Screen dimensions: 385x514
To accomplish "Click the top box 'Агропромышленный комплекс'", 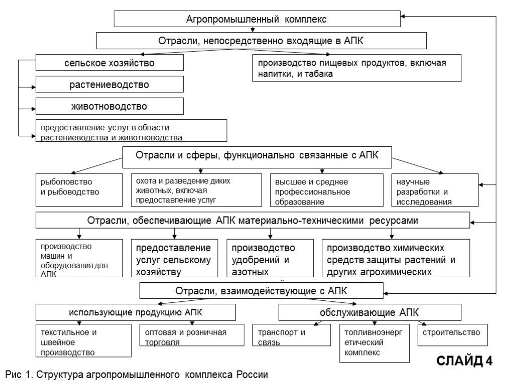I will pos(256,19).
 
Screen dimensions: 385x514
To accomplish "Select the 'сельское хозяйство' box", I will pos(109,63).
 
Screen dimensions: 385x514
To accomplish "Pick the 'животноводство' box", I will pos(109,106).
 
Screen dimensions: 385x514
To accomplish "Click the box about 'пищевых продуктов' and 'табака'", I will pos(356,68).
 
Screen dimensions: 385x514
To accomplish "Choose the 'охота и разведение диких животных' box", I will pos(196,190).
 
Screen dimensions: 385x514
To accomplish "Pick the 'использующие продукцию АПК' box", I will pos(136,313).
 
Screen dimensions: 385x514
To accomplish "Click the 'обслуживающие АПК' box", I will pos(369,313).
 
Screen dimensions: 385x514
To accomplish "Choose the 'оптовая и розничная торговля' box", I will pos(193,337).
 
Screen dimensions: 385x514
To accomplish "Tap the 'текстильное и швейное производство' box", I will pos(84,341).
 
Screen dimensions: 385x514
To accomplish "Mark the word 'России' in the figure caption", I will pos(252,375).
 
